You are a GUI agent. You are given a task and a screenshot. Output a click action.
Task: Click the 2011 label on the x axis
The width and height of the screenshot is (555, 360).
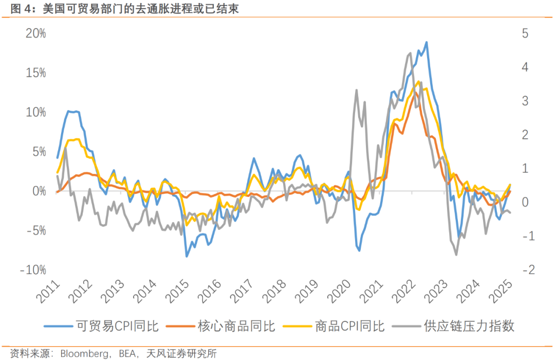47,292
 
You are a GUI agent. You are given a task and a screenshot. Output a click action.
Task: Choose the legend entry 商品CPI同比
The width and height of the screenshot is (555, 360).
349,326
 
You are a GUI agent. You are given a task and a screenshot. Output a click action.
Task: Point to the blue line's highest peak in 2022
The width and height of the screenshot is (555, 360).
427,42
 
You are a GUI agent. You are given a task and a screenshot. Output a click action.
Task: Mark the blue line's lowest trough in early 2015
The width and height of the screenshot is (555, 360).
187,256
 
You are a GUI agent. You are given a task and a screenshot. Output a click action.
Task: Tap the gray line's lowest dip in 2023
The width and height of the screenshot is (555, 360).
456,255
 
